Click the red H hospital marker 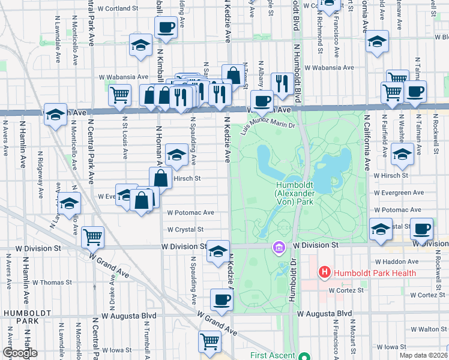point(325,273)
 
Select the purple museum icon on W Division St point(279,247)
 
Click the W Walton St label point(429,329)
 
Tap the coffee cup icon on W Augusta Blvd point(221,299)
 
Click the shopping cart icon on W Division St point(92,237)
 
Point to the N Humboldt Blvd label point(297,24)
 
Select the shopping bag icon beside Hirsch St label point(161,178)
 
